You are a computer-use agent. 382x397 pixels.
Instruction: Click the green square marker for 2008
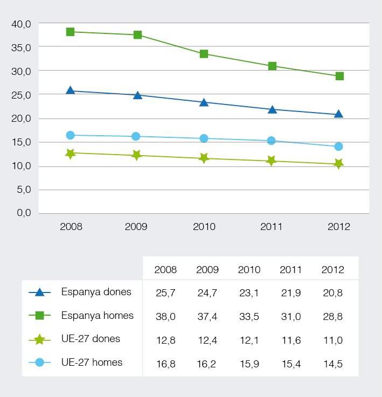pyautogui.click(x=70, y=32)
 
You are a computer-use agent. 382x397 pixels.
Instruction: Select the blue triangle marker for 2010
pyautogui.click(x=204, y=102)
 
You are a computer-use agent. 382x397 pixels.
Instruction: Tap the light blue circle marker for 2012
pyautogui.click(x=338, y=147)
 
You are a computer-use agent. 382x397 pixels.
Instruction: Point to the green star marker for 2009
pyautogui.click(x=137, y=155)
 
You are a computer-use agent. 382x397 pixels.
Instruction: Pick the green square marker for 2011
pyautogui.click(x=272, y=66)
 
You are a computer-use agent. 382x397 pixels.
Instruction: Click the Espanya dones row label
pyautogui.click(x=96, y=292)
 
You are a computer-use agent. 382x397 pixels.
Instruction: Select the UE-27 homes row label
pyautogui.click(x=92, y=362)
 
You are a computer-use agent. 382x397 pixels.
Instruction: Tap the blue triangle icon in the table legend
pyautogui.click(x=39, y=292)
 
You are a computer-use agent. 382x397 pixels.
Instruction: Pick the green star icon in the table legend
pyautogui.click(x=39, y=339)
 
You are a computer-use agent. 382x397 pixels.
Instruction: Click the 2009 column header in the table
pyautogui.click(x=207, y=270)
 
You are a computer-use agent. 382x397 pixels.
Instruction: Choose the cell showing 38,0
pyautogui.click(x=165, y=316)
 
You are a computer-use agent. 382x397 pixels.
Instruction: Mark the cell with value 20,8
pyautogui.click(x=332, y=293)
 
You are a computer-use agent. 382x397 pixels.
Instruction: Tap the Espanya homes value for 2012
pyautogui.click(x=332, y=316)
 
